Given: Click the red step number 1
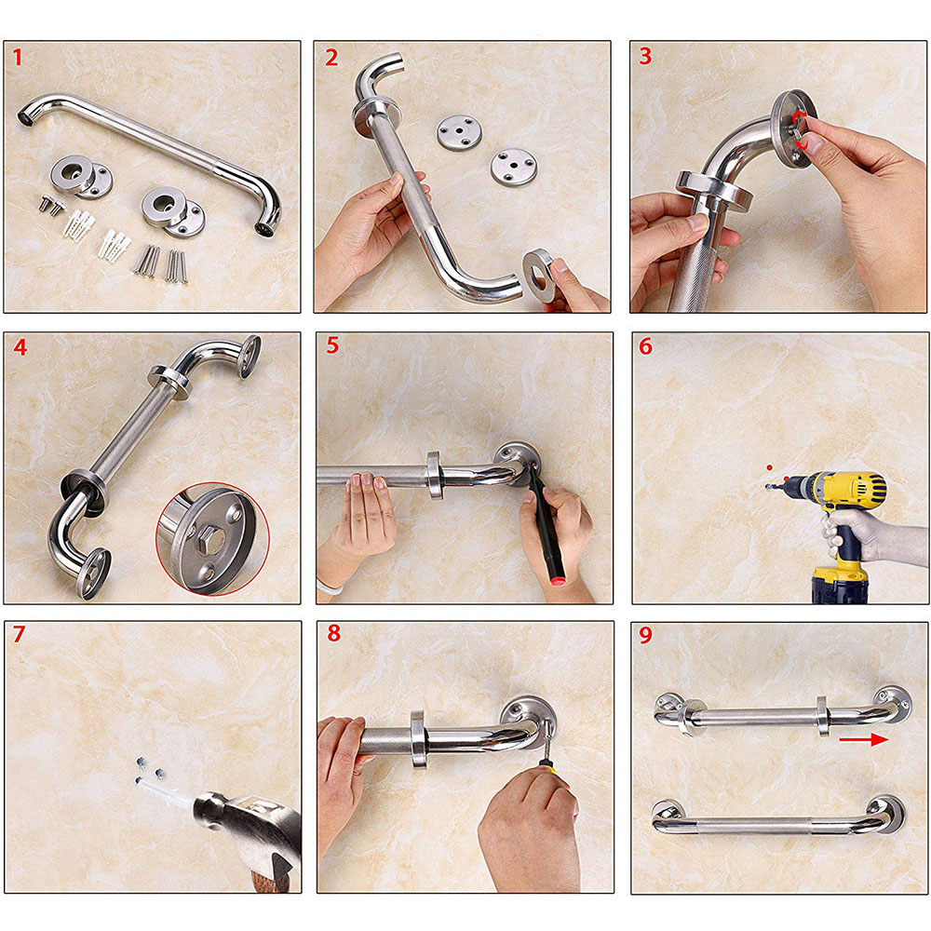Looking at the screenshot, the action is [17, 58].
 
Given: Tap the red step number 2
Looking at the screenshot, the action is [331, 58].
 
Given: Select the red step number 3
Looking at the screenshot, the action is [645, 57].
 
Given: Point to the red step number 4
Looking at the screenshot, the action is [20, 346].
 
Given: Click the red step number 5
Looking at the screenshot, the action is [332, 345].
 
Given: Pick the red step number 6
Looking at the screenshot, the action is [645, 346].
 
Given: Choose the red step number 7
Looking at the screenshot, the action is [19, 634].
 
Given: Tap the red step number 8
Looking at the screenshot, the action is [333, 633].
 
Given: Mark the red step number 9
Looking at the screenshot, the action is [645, 635].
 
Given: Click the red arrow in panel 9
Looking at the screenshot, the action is [863, 739].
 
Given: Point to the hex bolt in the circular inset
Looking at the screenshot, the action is [211, 540].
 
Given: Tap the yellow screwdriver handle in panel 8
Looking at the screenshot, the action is [551, 768].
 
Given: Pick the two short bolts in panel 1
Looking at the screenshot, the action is [51, 205].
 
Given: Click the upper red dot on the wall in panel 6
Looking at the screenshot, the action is [770, 468].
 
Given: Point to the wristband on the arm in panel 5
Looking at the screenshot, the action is [330, 587].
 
